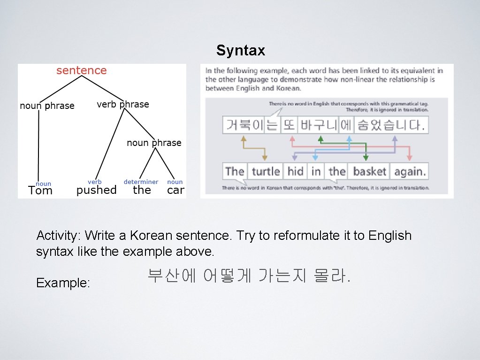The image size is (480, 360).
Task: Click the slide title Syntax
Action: [241, 51]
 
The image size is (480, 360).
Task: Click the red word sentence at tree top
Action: [82, 71]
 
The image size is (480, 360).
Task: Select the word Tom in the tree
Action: [40, 191]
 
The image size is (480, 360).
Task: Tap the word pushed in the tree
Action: [96, 190]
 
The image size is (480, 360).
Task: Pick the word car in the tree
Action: [175, 190]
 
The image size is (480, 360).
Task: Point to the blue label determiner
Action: [141, 182]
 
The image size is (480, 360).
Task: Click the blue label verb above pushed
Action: [94, 182]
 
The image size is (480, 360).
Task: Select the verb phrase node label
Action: [123, 105]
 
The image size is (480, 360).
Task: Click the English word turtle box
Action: [266, 171]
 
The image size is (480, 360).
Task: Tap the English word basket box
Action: [369, 171]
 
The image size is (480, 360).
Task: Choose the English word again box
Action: [410, 171]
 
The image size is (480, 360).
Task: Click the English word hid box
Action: [295, 171]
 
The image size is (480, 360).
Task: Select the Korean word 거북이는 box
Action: [251, 125]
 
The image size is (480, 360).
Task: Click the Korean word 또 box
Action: [289, 125]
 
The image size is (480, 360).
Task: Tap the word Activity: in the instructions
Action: [58, 236]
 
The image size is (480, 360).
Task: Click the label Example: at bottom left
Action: [63, 283]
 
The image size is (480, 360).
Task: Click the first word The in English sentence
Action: [235, 171]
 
